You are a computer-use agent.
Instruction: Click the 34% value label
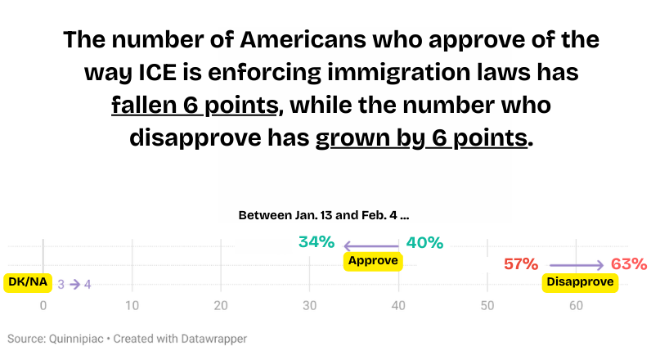[316, 242]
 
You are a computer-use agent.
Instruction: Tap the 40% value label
[424, 242]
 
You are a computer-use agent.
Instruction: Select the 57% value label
[520, 264]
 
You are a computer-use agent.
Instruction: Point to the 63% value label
[629, 264]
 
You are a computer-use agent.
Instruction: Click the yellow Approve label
[373, 261]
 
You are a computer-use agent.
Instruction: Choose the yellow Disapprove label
[580, 282]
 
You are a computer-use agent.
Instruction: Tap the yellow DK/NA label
[28, 282]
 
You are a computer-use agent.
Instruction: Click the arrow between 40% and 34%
[370, 245]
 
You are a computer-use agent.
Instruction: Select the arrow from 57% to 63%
[577, 265]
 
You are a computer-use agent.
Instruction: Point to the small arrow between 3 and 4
[74, 285]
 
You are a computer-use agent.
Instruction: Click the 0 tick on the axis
[43, 305]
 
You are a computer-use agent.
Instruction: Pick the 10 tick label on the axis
[131, 305]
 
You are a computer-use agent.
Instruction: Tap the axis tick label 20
[220, 305]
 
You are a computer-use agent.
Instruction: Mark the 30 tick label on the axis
[309, 305]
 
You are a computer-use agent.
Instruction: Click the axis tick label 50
[487, 305]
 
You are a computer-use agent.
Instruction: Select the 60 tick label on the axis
[576, 305]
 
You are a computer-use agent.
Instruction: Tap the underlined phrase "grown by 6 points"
[421, 137]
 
